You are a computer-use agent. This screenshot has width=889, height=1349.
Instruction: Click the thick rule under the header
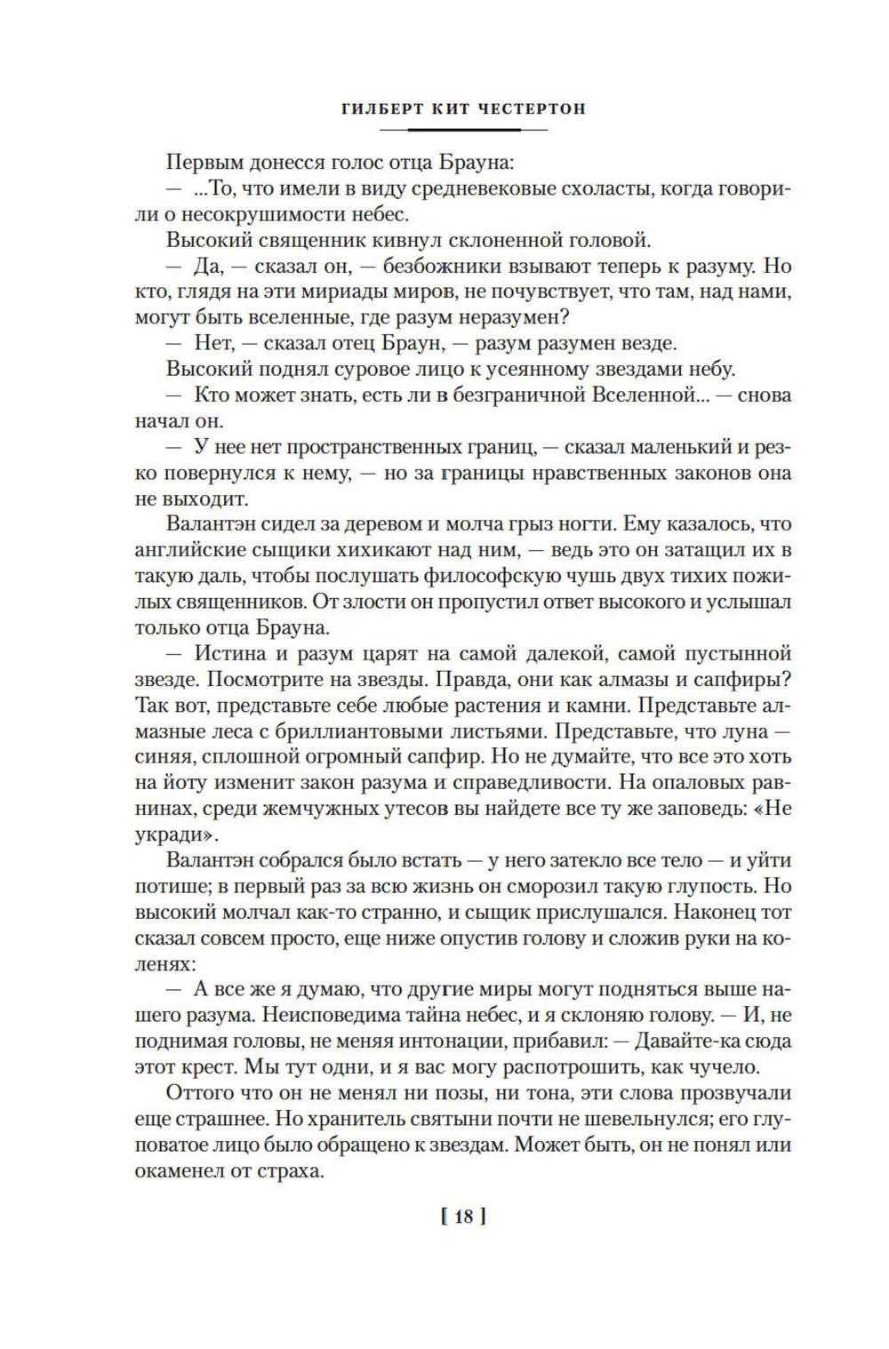[463, 130]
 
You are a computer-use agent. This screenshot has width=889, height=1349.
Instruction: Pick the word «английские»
[189, 550]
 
